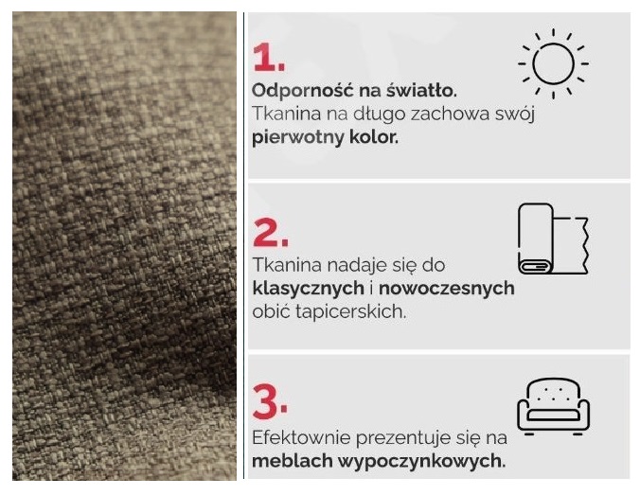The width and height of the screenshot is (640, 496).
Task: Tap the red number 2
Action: coord(270,232)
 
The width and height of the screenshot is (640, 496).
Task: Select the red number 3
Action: coord(270,402)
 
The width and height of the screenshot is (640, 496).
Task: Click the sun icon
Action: coord(553,63)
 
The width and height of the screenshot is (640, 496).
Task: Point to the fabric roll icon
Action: coord(553,239)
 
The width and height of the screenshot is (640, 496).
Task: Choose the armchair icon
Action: coord(554,406)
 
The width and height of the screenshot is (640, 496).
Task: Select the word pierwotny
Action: coord(298,138)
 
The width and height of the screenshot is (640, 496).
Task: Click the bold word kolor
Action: coord(373,137)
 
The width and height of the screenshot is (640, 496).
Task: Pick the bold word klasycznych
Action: coord(308,289)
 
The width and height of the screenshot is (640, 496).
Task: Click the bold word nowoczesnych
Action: coord(447,289)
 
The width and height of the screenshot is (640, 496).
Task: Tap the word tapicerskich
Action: coord(351,312)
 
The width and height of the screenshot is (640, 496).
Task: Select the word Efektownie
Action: coord(301,438)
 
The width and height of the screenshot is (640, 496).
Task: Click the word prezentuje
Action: coord(403,439)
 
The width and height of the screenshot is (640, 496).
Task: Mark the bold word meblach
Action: coord(293,461)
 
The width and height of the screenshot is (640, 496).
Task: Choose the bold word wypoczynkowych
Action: coord(422,462)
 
